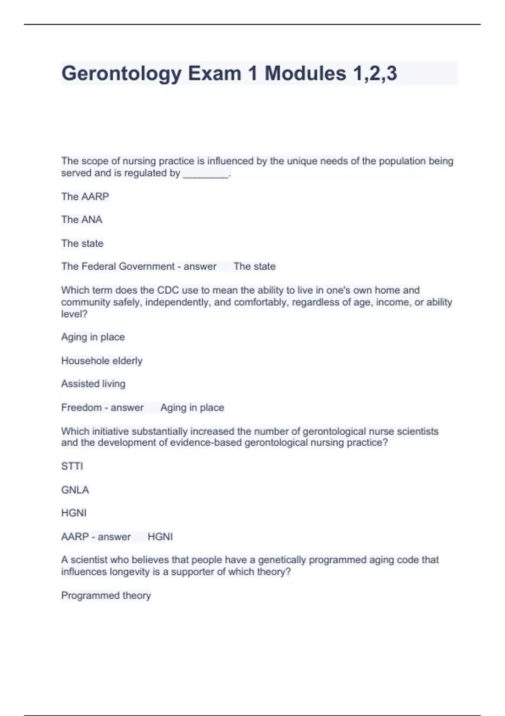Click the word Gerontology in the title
[122, 74]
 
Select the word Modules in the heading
[305, 74]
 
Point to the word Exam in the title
[215, 74]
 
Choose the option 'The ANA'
[82, 219]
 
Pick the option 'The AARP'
[85, 196]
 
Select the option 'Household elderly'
[102, 361]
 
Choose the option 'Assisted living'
[93, 384]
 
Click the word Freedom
[81, 407]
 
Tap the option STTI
[72, 466]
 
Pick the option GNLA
[75, 490]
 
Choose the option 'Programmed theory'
[106, 595]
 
